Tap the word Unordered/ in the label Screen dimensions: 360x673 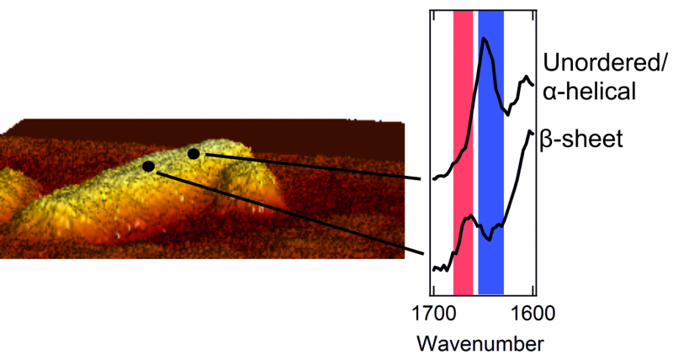click(605, 62)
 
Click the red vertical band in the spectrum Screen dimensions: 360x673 click(463, 151)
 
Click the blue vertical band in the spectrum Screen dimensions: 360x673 click(490, 151)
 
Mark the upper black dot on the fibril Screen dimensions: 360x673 click(193, 153)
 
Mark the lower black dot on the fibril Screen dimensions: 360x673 click(148, 167)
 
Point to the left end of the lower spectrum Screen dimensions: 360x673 click(433, 269)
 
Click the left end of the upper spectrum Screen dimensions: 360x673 click(433, 178)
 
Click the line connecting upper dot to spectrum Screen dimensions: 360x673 click(311, 167)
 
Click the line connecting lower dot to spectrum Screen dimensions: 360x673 click(286, 210)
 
